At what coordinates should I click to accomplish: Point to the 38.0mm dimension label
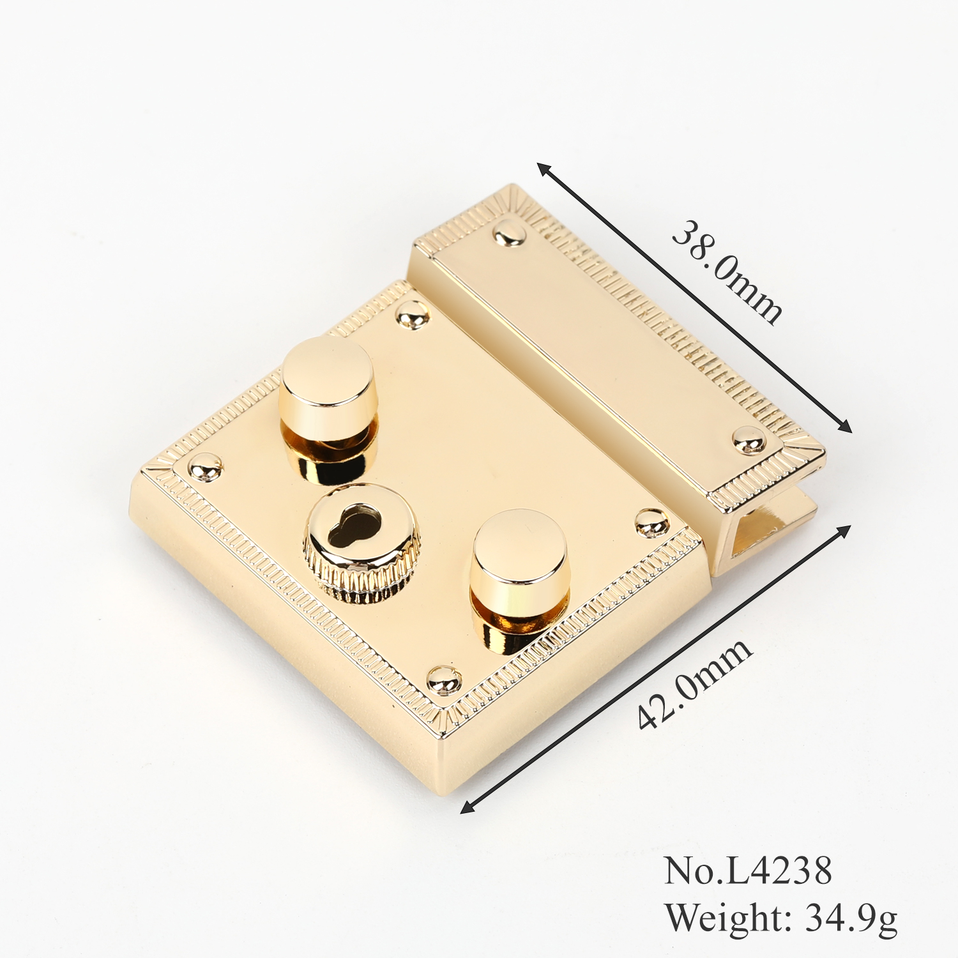pyautogui.click(x=727, y=271)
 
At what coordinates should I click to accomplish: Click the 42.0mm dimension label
pyautogui.click(x=695, y=683)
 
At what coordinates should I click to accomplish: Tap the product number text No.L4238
pyautogui.click(x=748, y=870)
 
